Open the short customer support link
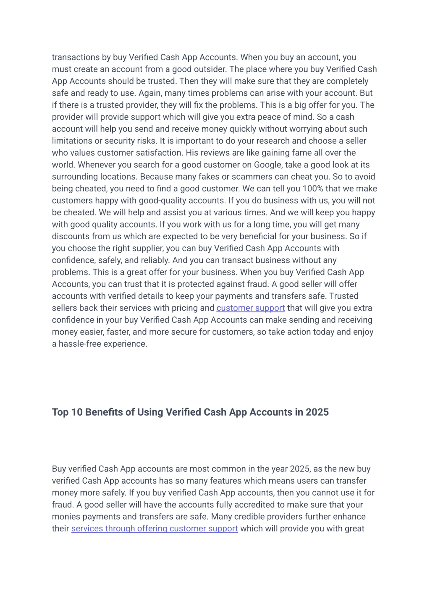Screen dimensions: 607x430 [x=250, y=308]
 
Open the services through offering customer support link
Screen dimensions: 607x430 [x=154, y=528]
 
